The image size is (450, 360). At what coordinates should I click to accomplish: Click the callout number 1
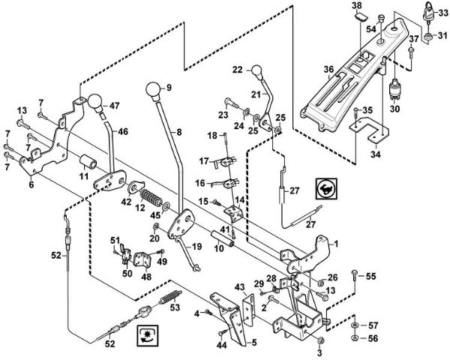tap(336, 244)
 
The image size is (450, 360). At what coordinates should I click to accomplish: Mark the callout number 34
tap(376, 155)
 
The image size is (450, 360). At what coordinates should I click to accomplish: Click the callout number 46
tap(124, 131)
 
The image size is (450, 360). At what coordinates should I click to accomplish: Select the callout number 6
tap(31, 184)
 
